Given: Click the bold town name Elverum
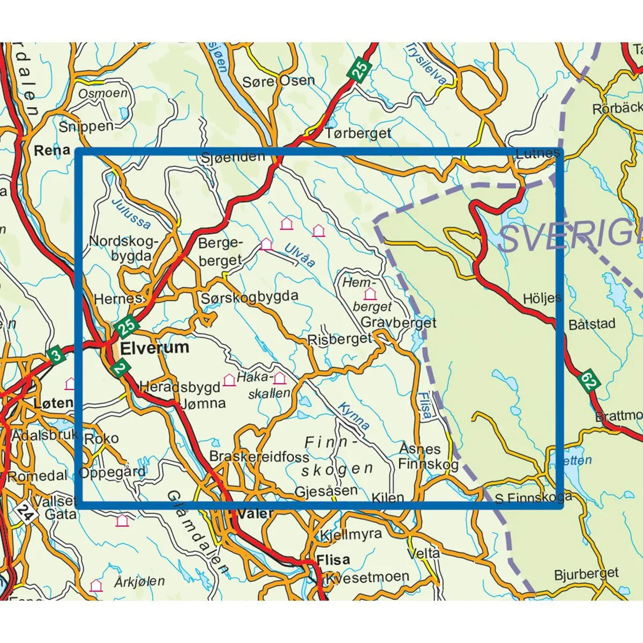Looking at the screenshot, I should tap(155, 348).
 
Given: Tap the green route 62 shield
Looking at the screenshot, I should tap(589, 382).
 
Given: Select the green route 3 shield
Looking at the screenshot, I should tap(55, 355).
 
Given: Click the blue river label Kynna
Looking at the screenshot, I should tap(354, 416).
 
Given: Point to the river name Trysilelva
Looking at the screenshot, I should tap(427, 63).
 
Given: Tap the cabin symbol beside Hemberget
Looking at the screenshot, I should tap(370, 294).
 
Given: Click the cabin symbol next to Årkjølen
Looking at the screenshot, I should tap(96, 585).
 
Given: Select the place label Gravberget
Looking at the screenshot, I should tap(399, 323).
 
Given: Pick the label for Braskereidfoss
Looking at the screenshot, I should tap(259, 457).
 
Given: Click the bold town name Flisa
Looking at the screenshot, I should tap(333, 560).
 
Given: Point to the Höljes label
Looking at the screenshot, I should tap(542, 298).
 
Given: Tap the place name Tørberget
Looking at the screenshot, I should tap(358, 133).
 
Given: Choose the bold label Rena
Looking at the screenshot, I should tap(52, 150).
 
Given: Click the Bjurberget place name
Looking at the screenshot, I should tap(586, 574).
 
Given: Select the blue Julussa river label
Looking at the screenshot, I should tap(131, 214).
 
